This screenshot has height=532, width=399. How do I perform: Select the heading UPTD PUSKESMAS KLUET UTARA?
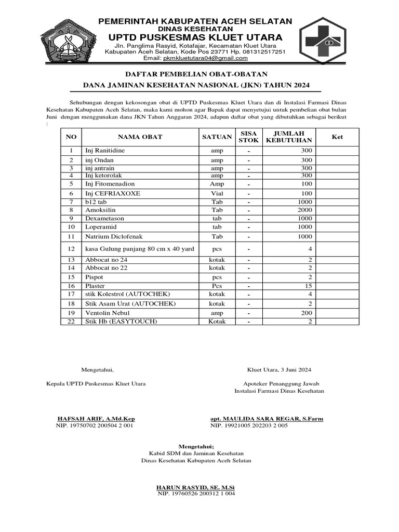(x=195, y=37)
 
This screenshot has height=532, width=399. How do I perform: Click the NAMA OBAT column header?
(x=140, y=137)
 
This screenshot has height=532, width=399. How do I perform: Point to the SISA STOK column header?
(x=248, y=137)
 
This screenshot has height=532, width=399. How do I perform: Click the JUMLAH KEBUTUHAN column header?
(x=289, y=137)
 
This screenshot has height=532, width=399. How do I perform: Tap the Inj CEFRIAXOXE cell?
(x=113, y=193)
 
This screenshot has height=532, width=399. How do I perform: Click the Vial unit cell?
(x=217, y=193)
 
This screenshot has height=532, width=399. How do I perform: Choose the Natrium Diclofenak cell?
(x=114, y=236)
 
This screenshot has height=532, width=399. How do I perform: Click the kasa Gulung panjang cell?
(x=140, y=249)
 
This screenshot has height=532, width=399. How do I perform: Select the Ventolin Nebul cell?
(x=107, y=313)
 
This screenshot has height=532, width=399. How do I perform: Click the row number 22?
(x=72, y=322)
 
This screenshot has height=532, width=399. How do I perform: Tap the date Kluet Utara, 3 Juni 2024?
(x=279, y=370)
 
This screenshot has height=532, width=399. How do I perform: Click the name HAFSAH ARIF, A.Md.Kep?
(x=96, y=419)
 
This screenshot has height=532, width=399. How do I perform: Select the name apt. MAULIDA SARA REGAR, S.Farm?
(x=267, y=419)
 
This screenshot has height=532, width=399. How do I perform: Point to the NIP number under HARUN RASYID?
(x=196, y=493)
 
